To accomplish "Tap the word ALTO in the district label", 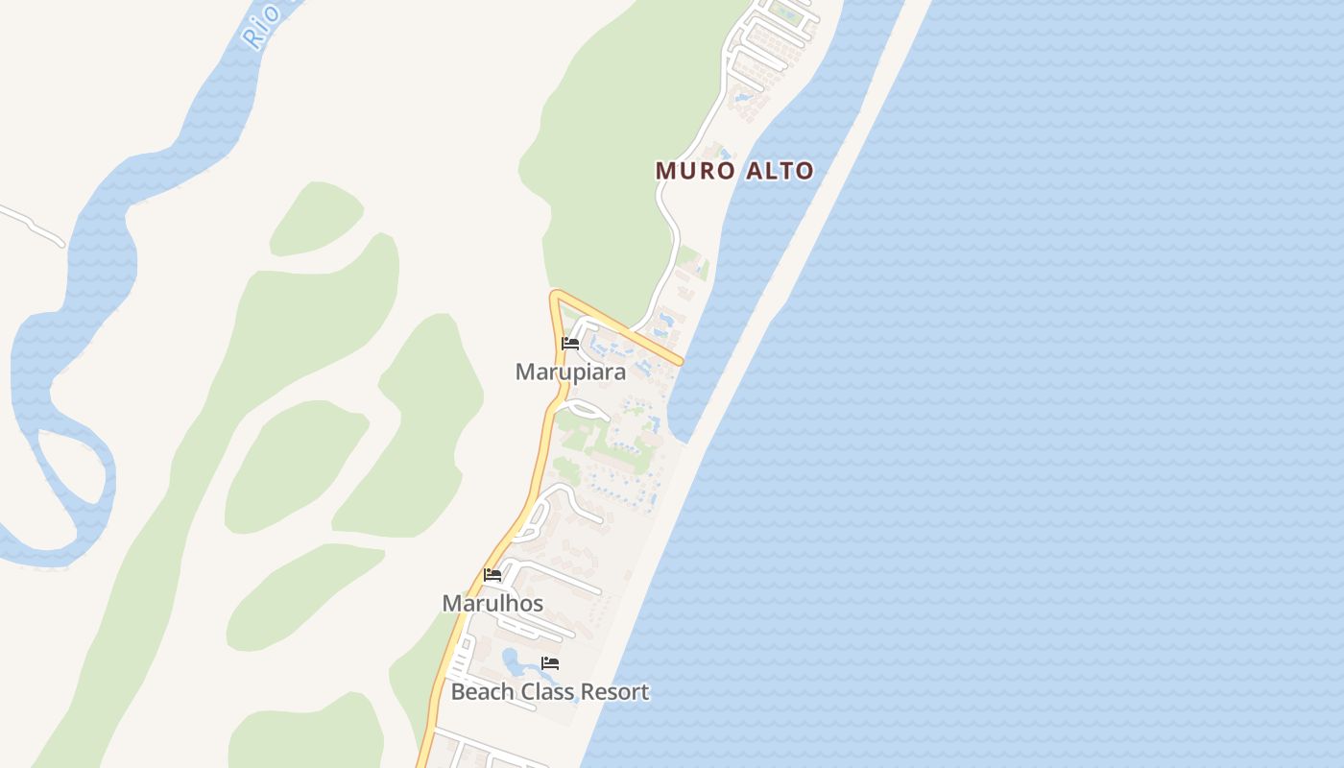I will coord(777,171).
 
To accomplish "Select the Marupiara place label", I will coord(570,372).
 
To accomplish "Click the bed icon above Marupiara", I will coord(570,344).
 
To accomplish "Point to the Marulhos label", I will coord(492,603).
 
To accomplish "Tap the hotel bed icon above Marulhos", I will coord(492,575).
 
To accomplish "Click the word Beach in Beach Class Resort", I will coord(483,691).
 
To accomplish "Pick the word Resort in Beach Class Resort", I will coord(616,691).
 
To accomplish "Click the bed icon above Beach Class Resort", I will coord(550,662).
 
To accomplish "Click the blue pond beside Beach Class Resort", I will coord(514,661).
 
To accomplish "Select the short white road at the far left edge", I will coord(29,221).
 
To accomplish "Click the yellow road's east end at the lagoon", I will coord(680,362).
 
